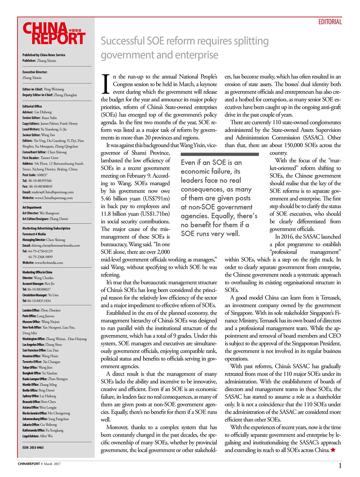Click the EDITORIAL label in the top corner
coord(330,22)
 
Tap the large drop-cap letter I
coord(105,84)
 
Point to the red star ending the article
coord(333,450)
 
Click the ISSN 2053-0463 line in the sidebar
coord(33,448)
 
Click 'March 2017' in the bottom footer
coord(52,464)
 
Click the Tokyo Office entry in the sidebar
coord(37,367)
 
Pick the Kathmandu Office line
coord(43,430)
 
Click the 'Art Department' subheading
coord(32,208)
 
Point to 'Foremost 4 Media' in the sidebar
coord(34,234)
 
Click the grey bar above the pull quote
coord(220,154)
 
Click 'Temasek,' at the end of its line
coord(330,298)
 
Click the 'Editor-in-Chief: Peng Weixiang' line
coord(43,89)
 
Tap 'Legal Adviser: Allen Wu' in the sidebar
coord(37,436)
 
